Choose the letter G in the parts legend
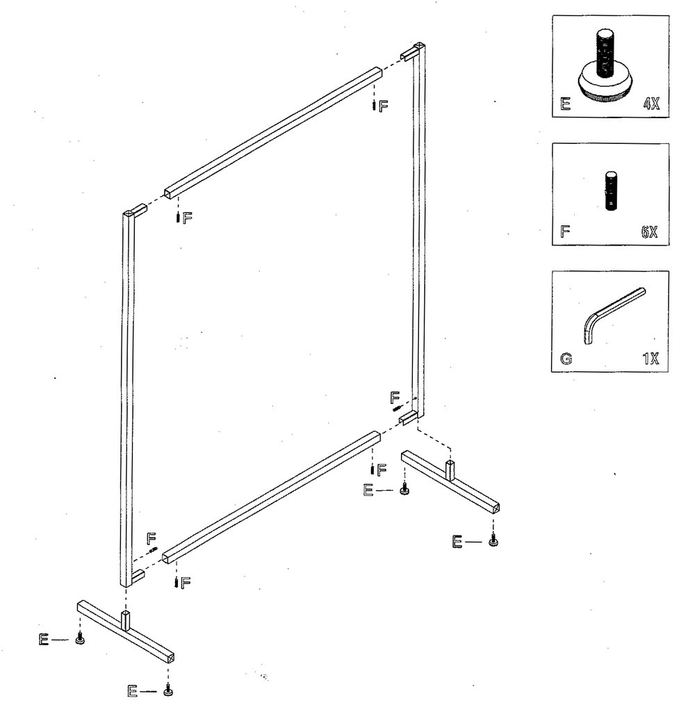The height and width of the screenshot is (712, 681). click(x=566, y=359)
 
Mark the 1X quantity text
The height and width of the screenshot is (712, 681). click(x=651, y=359)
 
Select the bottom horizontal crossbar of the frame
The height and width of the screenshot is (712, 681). click(x=271, y=495)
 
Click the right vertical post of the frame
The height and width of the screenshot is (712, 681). click(x=419, y=229)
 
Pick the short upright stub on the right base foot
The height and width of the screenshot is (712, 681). click(x=450, y=471)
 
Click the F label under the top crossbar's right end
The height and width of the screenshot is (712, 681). click(x=383, y=106)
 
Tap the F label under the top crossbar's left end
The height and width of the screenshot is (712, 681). click(x=188, y=218)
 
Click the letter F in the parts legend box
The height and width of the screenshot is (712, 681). click(x=565, y=232)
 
